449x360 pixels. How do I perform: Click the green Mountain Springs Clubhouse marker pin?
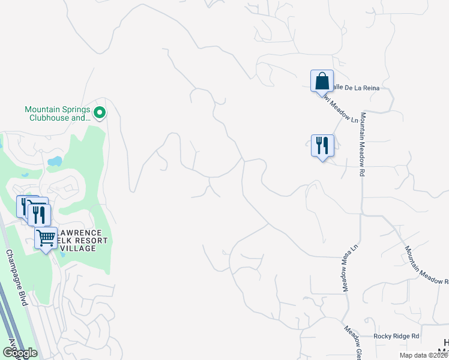[100, 112]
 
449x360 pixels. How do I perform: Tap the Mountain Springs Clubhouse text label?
[57, 113]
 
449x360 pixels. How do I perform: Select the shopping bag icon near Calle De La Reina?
[322, 80]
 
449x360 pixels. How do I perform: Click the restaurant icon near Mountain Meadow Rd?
[322, 145]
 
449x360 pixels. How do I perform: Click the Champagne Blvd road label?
[17, 278]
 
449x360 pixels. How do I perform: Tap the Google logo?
[20, 353]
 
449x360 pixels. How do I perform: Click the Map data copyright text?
[424, 355]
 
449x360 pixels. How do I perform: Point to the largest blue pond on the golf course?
[55, 161]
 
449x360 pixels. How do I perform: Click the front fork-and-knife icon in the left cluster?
[39, 214]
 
